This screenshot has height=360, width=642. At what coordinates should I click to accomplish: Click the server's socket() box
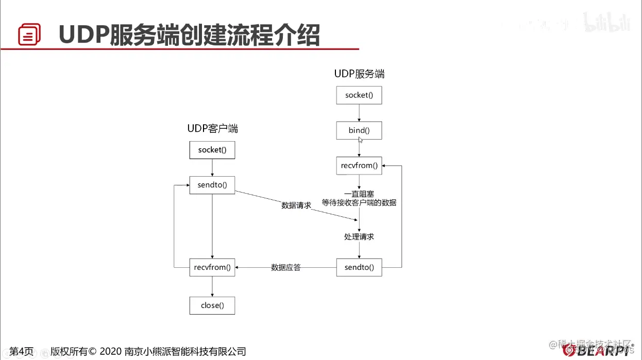coord(359,95)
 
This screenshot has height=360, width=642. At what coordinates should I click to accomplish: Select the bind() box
coord(359,130)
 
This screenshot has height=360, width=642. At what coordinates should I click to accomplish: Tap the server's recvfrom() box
coord(359,166)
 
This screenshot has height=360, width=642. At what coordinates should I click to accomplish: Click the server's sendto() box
coord(359,268)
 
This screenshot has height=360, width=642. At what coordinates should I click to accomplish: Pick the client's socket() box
coord(212,150)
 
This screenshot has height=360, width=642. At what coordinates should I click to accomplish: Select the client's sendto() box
coord(212,185)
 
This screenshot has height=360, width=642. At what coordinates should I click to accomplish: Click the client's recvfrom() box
coord(212,267)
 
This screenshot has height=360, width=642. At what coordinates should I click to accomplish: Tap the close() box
coord(212,305)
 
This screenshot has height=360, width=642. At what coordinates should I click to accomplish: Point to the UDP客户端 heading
coord(212,128)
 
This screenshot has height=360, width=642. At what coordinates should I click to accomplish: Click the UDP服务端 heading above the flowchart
coord(359,74)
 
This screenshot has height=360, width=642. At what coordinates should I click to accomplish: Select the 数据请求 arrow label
coord(296,205)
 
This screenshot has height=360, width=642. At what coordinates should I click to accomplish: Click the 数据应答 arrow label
coord(286,267)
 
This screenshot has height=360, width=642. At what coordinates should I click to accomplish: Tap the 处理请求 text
coord(359,237)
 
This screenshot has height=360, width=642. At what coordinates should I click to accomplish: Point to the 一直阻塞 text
coord(359,194)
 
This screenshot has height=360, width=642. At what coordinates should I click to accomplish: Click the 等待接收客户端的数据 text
coord(359,203)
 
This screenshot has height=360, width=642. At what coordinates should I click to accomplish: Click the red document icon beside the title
coord(29,35)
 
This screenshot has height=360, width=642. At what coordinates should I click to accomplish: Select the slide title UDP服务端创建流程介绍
coord(189,35)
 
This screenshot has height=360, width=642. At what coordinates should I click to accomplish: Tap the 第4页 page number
coord(22,351)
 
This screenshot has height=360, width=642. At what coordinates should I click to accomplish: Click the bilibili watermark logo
coord(607,23)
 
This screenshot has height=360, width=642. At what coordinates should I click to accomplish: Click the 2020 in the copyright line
coord(111,351)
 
